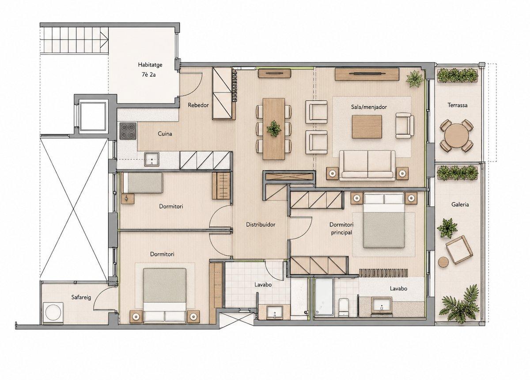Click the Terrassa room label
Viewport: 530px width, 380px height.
click(458, 105)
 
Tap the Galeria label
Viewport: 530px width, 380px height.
click(460, 204)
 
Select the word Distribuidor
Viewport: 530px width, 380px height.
click(261, 224)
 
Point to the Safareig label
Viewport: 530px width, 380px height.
click(81, 298)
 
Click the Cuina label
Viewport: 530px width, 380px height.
click(165, 134)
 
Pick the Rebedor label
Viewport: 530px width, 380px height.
click(198, 105)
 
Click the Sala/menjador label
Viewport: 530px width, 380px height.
click(369, 107)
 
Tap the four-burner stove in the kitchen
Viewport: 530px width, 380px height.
click(128, 131)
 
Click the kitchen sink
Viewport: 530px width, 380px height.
click(151, 159)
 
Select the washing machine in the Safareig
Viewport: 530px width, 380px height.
click(53, 312)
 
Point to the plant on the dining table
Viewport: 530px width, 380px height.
click(274, 129)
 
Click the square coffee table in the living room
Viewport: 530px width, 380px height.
click(367, 127)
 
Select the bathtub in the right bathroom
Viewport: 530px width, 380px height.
click(324, 297)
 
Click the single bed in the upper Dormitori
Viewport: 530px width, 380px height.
click(142, 183)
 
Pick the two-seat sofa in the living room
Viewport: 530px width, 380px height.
click(367, 166)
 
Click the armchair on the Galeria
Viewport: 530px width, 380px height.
click(459, 250)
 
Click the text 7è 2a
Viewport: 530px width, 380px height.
click(149, 75)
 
